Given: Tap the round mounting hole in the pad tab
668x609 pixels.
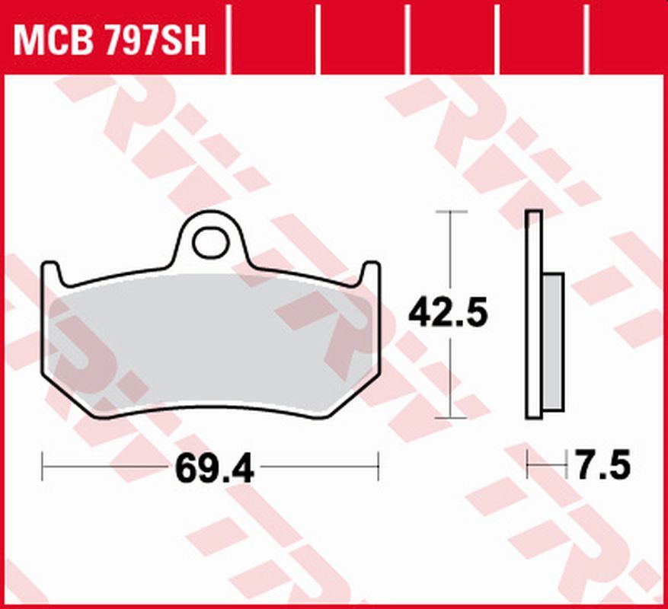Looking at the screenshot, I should [210, 243].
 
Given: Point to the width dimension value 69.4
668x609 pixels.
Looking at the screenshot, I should [214, 468].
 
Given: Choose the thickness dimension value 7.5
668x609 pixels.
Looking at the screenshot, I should [602, 465].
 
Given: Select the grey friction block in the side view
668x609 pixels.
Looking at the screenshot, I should [554, 343].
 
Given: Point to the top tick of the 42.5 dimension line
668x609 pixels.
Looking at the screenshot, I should [452, 211].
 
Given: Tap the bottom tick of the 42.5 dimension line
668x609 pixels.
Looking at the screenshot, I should [452, 418].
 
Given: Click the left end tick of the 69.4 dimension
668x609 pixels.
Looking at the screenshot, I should [42, 466].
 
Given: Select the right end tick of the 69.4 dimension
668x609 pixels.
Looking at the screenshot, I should [378, 466].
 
